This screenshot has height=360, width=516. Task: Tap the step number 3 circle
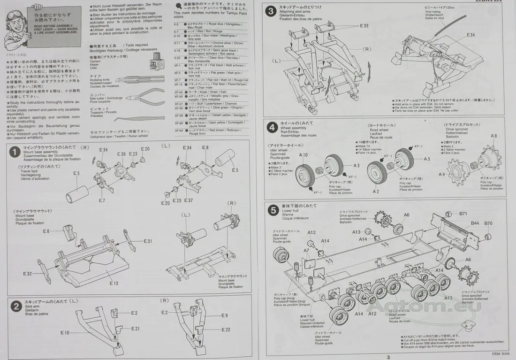(x=271, y=12)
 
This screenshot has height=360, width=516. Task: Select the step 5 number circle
(x=273, y=210)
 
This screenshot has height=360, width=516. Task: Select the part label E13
(x=114, y=283)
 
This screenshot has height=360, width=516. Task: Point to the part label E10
(x=65, y=333)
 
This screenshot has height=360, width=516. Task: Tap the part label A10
(x=304, y=155)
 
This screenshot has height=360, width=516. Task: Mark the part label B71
(x=463, y=214)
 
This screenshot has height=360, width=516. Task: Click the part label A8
(x=493, y=136)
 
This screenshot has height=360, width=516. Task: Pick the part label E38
(x=121, y=154)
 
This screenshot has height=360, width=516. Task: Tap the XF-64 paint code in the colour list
(x=178, y=130)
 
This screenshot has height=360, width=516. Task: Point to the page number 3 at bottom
(x=388, y=357)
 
